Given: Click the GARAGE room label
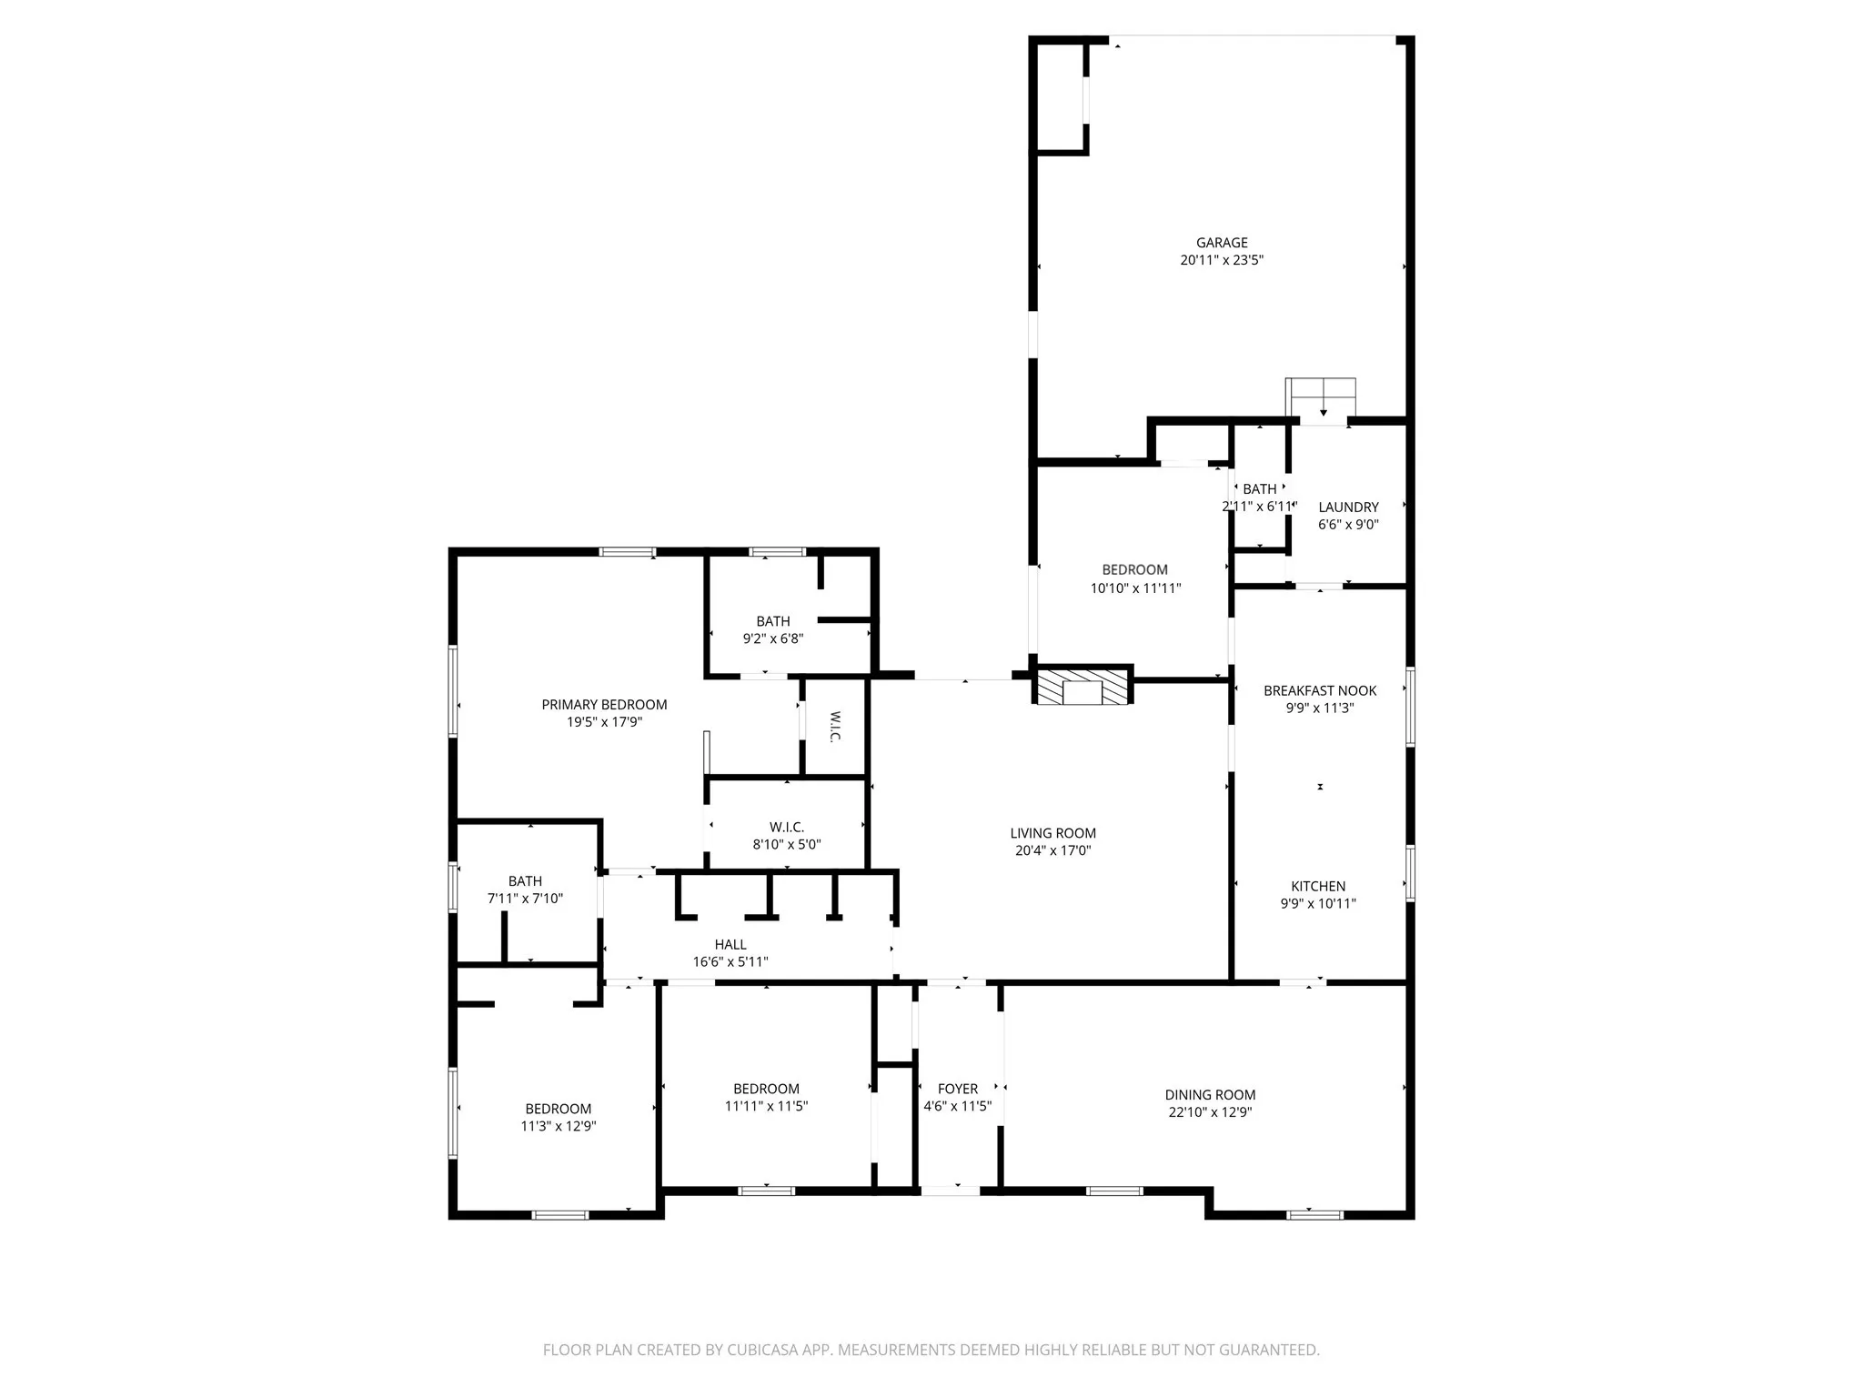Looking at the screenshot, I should tap(1221, 243).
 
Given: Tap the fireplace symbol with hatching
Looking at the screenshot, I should tap(1082, 687).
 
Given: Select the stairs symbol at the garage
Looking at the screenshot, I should tap(1320, 397).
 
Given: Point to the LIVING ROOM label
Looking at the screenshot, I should tap(1052, 833).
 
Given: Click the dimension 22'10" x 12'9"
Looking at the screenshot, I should tap(1210, 1112).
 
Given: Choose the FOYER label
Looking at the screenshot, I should tap(957, 1089).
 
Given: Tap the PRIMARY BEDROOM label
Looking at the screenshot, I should tap(604, 705).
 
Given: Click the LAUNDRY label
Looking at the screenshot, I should tap(1348, 508).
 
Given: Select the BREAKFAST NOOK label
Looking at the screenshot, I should tap(1319, 691).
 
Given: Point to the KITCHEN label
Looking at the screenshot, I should tap(1318, 886).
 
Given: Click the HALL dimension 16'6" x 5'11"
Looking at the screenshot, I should tap(730, 962).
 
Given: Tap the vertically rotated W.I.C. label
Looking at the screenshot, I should tap(834, 727).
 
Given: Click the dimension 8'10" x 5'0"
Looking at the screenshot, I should tap(786, 845).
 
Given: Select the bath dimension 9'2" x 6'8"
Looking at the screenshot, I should tap(772, 639).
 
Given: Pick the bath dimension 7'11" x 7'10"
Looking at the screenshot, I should tap(525, 899).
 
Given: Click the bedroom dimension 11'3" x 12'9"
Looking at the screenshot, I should tap(558, 1126).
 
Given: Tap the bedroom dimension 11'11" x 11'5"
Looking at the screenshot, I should tap(766, 1107).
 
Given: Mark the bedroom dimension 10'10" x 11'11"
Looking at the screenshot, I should tap(1135, 588).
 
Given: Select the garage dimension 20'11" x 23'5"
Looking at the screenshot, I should tap(1221, 260).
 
